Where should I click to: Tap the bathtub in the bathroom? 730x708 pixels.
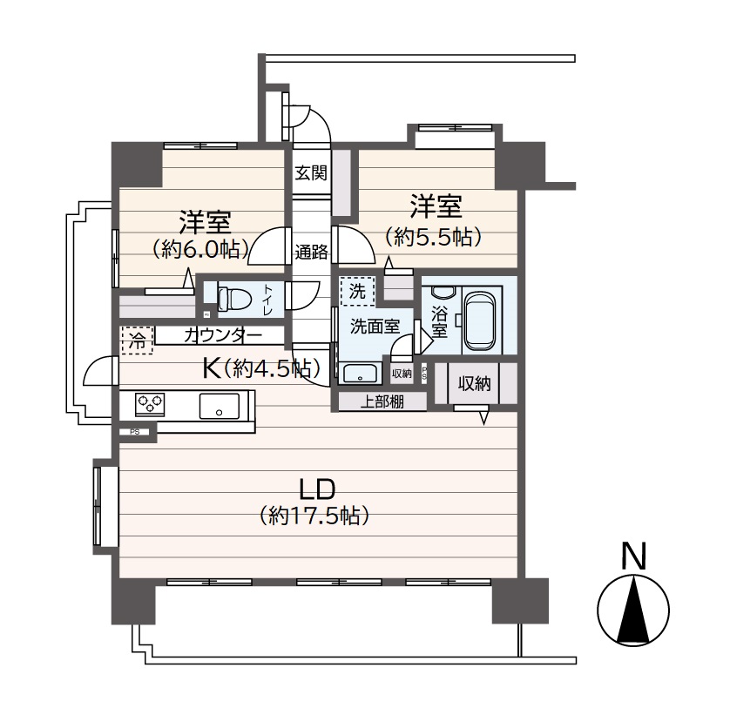pyautogui.click(x=481, y=320)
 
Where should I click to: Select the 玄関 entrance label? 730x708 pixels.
pyautogui.click(x=311, y=173)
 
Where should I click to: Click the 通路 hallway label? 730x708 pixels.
pyautogui.click(x=311, y=252)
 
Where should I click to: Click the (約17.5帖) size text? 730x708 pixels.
pyautogui.click(x=314, y=516)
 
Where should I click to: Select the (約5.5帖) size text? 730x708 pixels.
pyautogui.click(x=432, y=238)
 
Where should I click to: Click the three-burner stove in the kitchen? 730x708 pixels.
pyautogui.click(x=150, y=403)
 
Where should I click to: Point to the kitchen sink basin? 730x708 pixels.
pyautogui.click(x=220, y=406)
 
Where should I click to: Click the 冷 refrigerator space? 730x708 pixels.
pyautogui.click(x=137, y=341)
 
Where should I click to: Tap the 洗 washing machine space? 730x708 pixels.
pyautogui.click(x=357, y=292)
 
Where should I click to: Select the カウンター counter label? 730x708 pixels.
pyautogui.click(x=223, y=335)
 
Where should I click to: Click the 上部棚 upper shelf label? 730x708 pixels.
pyautogui.click(x=382, y=401)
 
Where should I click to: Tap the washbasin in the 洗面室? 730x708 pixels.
pyautogui.click(x=360, y=374)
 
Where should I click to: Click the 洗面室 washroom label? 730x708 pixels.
pyautogui.click(x=375, y=327)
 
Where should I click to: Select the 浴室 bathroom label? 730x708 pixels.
pyautogui.click(x=439, y=321)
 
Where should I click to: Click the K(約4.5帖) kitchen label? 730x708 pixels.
pyautogui.click(x=261, y=369)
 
